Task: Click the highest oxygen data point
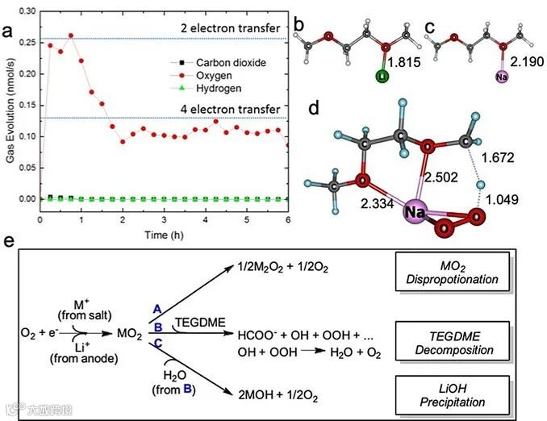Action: click(70, 35)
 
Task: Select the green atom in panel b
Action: click(382, 77)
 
